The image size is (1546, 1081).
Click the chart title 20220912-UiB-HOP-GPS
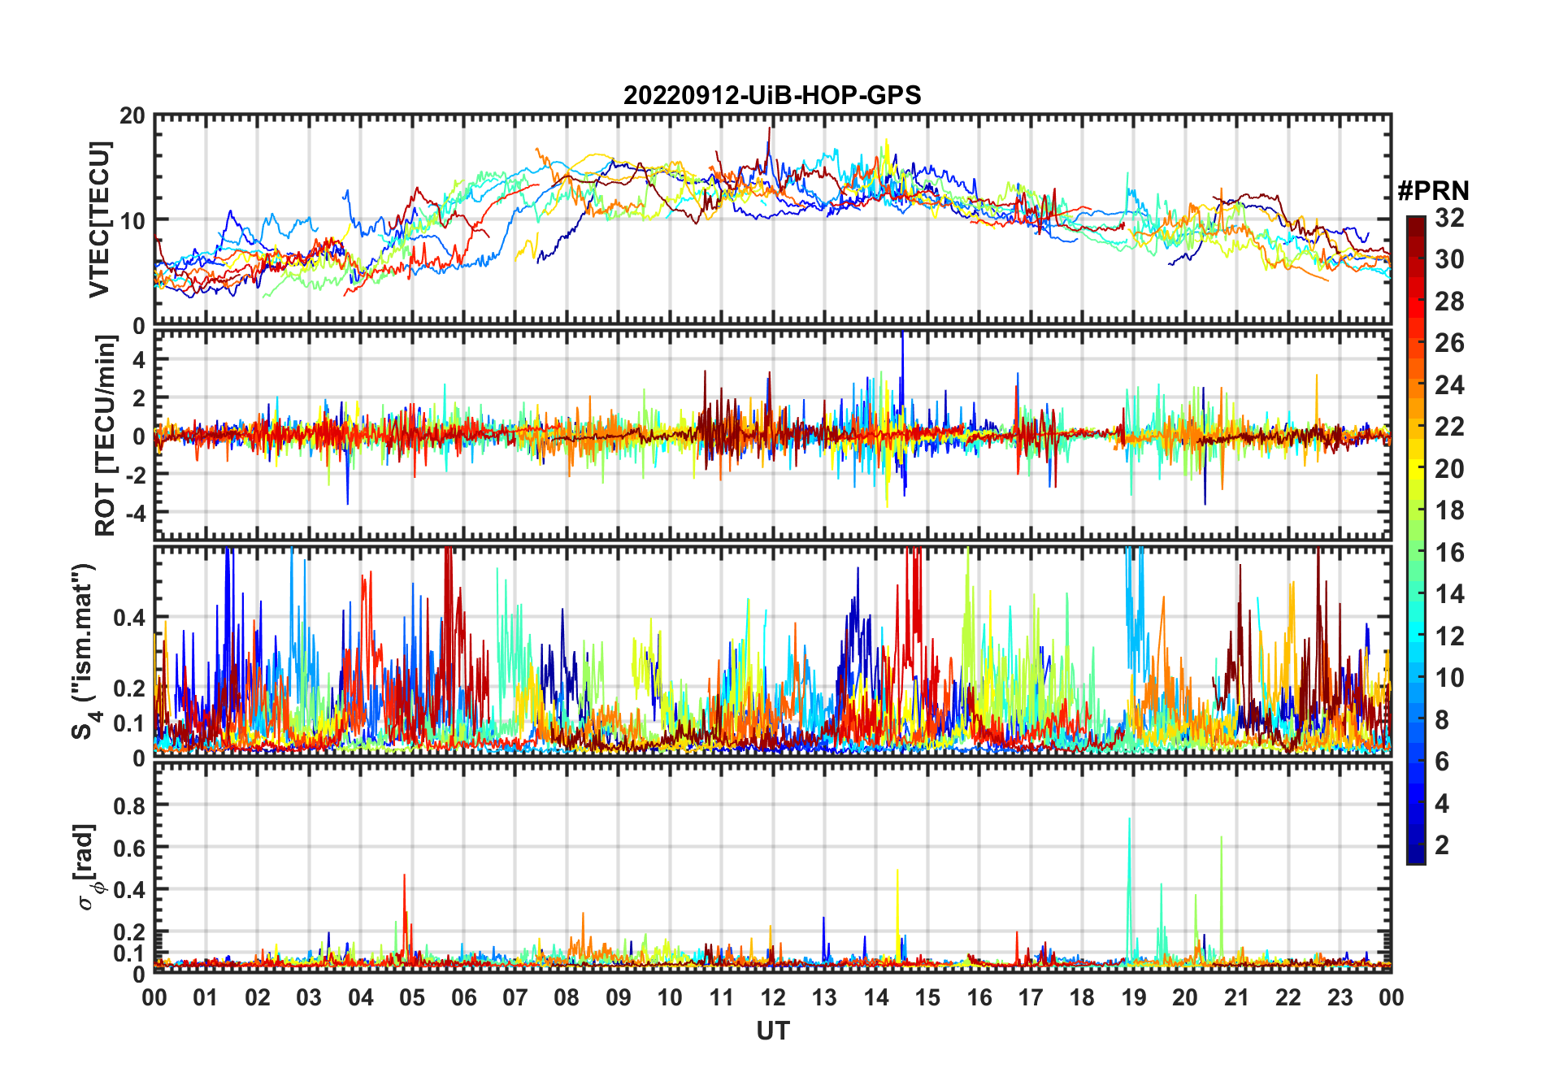click(772, 96)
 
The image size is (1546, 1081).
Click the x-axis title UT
click(772, 1031)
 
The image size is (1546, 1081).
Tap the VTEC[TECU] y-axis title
click(99, 219)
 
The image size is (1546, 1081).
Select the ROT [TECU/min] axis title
click(106, 436)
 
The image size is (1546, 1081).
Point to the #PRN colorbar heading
click(1433, 191)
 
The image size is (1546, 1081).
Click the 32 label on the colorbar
click(1449, 218)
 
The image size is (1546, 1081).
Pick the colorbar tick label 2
click(1442, 845)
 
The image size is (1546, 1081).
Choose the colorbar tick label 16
click(1449, 553)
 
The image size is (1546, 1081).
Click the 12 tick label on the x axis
click(773, 997)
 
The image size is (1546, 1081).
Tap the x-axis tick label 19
click(1133, 997)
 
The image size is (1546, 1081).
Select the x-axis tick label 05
click(412, 997)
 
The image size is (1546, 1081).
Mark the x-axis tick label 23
click(1340, 997)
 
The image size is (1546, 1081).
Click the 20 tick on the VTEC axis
click(132, 115)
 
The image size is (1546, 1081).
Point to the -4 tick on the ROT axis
click(134, 513)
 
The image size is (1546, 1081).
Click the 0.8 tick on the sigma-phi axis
click(130, 805)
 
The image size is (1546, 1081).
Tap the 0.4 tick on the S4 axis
click(130, 618)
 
